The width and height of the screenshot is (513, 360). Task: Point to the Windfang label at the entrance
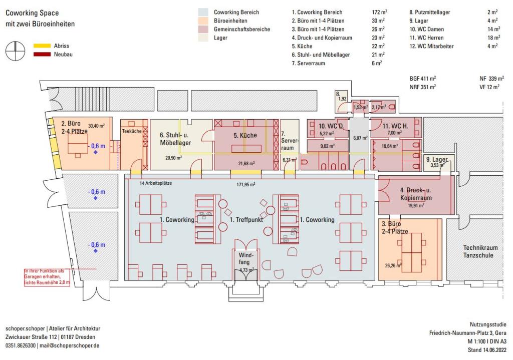(245, 259)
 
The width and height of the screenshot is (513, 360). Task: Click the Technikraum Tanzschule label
(478, 252)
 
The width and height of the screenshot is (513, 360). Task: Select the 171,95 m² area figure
(246, 184)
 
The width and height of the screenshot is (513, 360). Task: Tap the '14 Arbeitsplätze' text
(156, 183)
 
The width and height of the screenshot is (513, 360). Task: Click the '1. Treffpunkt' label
(246, 220)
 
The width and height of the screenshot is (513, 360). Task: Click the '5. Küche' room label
(245, 135)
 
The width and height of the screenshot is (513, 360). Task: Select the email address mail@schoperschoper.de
(70, 345)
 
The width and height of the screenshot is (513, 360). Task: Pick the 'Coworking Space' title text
(32, 13)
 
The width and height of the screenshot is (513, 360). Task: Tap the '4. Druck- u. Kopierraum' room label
(416, 194)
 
